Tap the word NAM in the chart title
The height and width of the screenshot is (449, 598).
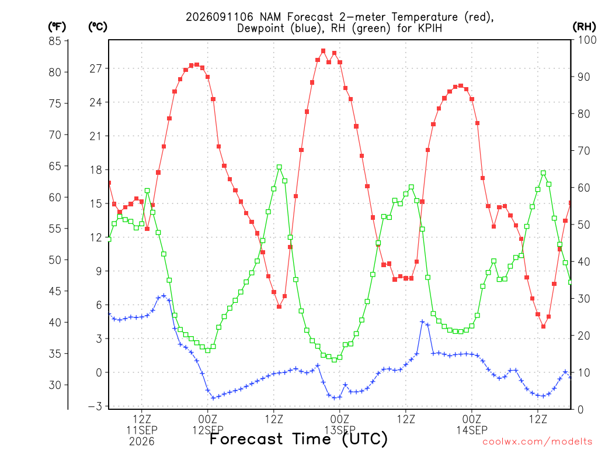click(x=270, y=17)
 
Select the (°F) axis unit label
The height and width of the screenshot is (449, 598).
click(x=57, y=27)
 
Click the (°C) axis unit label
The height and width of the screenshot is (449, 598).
click(x=98, y=27)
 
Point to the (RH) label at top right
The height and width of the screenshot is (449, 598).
click(x=584, y=27)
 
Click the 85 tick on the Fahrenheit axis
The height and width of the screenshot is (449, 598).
click(x=55, y=41)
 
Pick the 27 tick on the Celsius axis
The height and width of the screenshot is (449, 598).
click(x=96, y=69)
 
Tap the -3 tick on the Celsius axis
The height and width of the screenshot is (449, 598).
click(x=95, y=406)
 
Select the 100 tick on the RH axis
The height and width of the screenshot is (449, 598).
click(x=587, y=40)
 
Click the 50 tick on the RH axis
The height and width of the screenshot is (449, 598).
click(x=583, y=224)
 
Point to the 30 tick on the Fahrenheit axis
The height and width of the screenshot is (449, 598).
click(x=55, y=385)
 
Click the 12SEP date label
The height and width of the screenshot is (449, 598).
click(x=208, y=430)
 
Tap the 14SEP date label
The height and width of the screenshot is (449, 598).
click(x=472, y=430)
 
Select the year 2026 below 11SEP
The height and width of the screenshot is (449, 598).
click(x=142, y=442)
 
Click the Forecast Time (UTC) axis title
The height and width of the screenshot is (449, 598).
click(x=298, y=438)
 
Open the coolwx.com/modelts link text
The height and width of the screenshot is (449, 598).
click(x=537, y=442)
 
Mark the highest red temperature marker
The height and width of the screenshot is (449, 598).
click(x=324, y=51)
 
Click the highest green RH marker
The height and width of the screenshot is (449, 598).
click(x=279, y=167)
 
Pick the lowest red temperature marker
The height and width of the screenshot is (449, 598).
click(x=544, y=326)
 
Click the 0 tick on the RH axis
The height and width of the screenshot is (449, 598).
click(x=580, y=410)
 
